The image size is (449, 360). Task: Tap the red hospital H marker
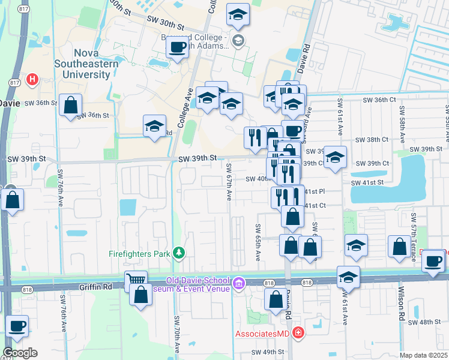(32, 79)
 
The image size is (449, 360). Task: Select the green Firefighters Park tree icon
(178, 253)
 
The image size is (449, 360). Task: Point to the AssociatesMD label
(260, 334)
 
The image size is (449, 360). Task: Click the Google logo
(20, 353)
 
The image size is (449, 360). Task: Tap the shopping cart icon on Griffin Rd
(135, 279)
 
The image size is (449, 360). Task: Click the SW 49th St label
(267, 352)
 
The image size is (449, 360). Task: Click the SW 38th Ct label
(372, 139)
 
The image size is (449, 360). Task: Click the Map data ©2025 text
(423, 355)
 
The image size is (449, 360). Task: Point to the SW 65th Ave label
(258, 242)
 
